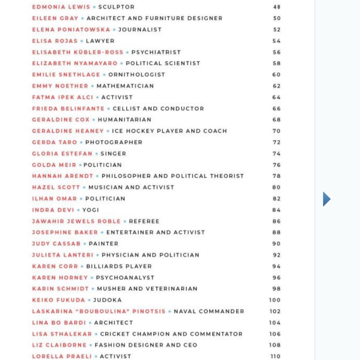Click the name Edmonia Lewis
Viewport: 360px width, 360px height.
(x=61, y=7)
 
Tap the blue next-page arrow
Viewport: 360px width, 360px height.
(x=327, y=199)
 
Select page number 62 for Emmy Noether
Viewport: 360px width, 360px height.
(x=277, y=86)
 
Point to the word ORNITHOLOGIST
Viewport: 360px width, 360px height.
(x=137, y=75)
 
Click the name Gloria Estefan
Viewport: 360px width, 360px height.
(x=62, y=154)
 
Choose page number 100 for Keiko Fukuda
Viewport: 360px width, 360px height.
(x=275, y=300)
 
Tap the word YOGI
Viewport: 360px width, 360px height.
(x=91, y=210)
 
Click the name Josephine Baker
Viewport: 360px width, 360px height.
(x=65, y=232)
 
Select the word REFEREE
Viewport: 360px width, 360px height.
(x=144, y=221)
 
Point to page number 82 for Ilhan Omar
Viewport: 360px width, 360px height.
(x=277, y=199)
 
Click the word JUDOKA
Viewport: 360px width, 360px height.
(x=107, y=300)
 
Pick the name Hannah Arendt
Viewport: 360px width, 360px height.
(x=63, y=176)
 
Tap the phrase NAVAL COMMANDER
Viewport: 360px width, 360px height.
(x=209, y=311)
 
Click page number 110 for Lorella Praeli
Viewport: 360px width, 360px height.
(x=275, y=356)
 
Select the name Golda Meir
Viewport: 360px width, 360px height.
(x=54, y=165)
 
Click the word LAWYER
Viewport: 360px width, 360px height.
(x=100, y=41)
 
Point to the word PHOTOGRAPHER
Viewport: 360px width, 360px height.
(x=114, y=142)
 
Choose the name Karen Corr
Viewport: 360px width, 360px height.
(x=55, y=267)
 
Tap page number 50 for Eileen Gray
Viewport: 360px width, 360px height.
(x=277, y=18)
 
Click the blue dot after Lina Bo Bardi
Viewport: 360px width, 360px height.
(x=90, y=323)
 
